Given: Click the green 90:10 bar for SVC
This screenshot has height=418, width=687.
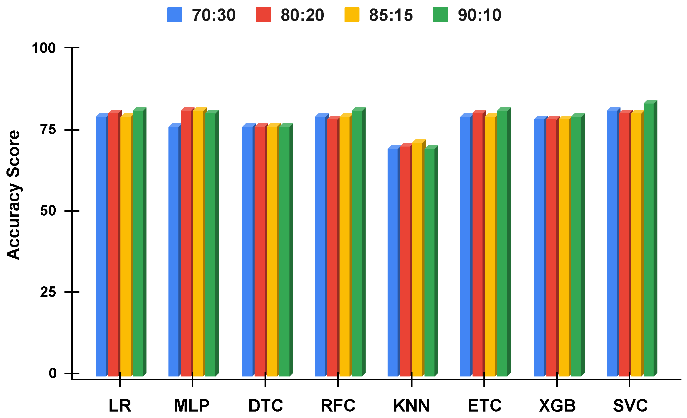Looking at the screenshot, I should [x=648, y=240].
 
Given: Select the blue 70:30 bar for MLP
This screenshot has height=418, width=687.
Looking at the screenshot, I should [x=173, y=252].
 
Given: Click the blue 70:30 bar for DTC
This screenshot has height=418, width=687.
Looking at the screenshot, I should [x=247, y=252].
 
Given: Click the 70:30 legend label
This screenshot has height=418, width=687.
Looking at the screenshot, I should [x=214, y=15].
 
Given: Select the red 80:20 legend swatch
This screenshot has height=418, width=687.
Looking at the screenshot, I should [x=263, y=15].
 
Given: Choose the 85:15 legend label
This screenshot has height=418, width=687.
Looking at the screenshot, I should [x=391, y=15].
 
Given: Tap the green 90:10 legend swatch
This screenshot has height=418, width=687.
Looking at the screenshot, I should [x=440, y=15].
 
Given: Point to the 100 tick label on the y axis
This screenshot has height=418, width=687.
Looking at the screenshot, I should [x=44, y=48].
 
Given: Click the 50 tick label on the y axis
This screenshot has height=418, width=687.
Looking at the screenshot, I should [x=48, y=211].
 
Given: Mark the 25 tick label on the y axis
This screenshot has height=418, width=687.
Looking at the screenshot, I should [x=48, y=292].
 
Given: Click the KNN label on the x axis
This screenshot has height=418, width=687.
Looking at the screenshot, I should [x=411, y=406].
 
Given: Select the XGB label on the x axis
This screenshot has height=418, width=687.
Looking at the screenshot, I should [x=557, y=406].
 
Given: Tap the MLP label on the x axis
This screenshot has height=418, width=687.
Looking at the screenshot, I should [x=192, y=406].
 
